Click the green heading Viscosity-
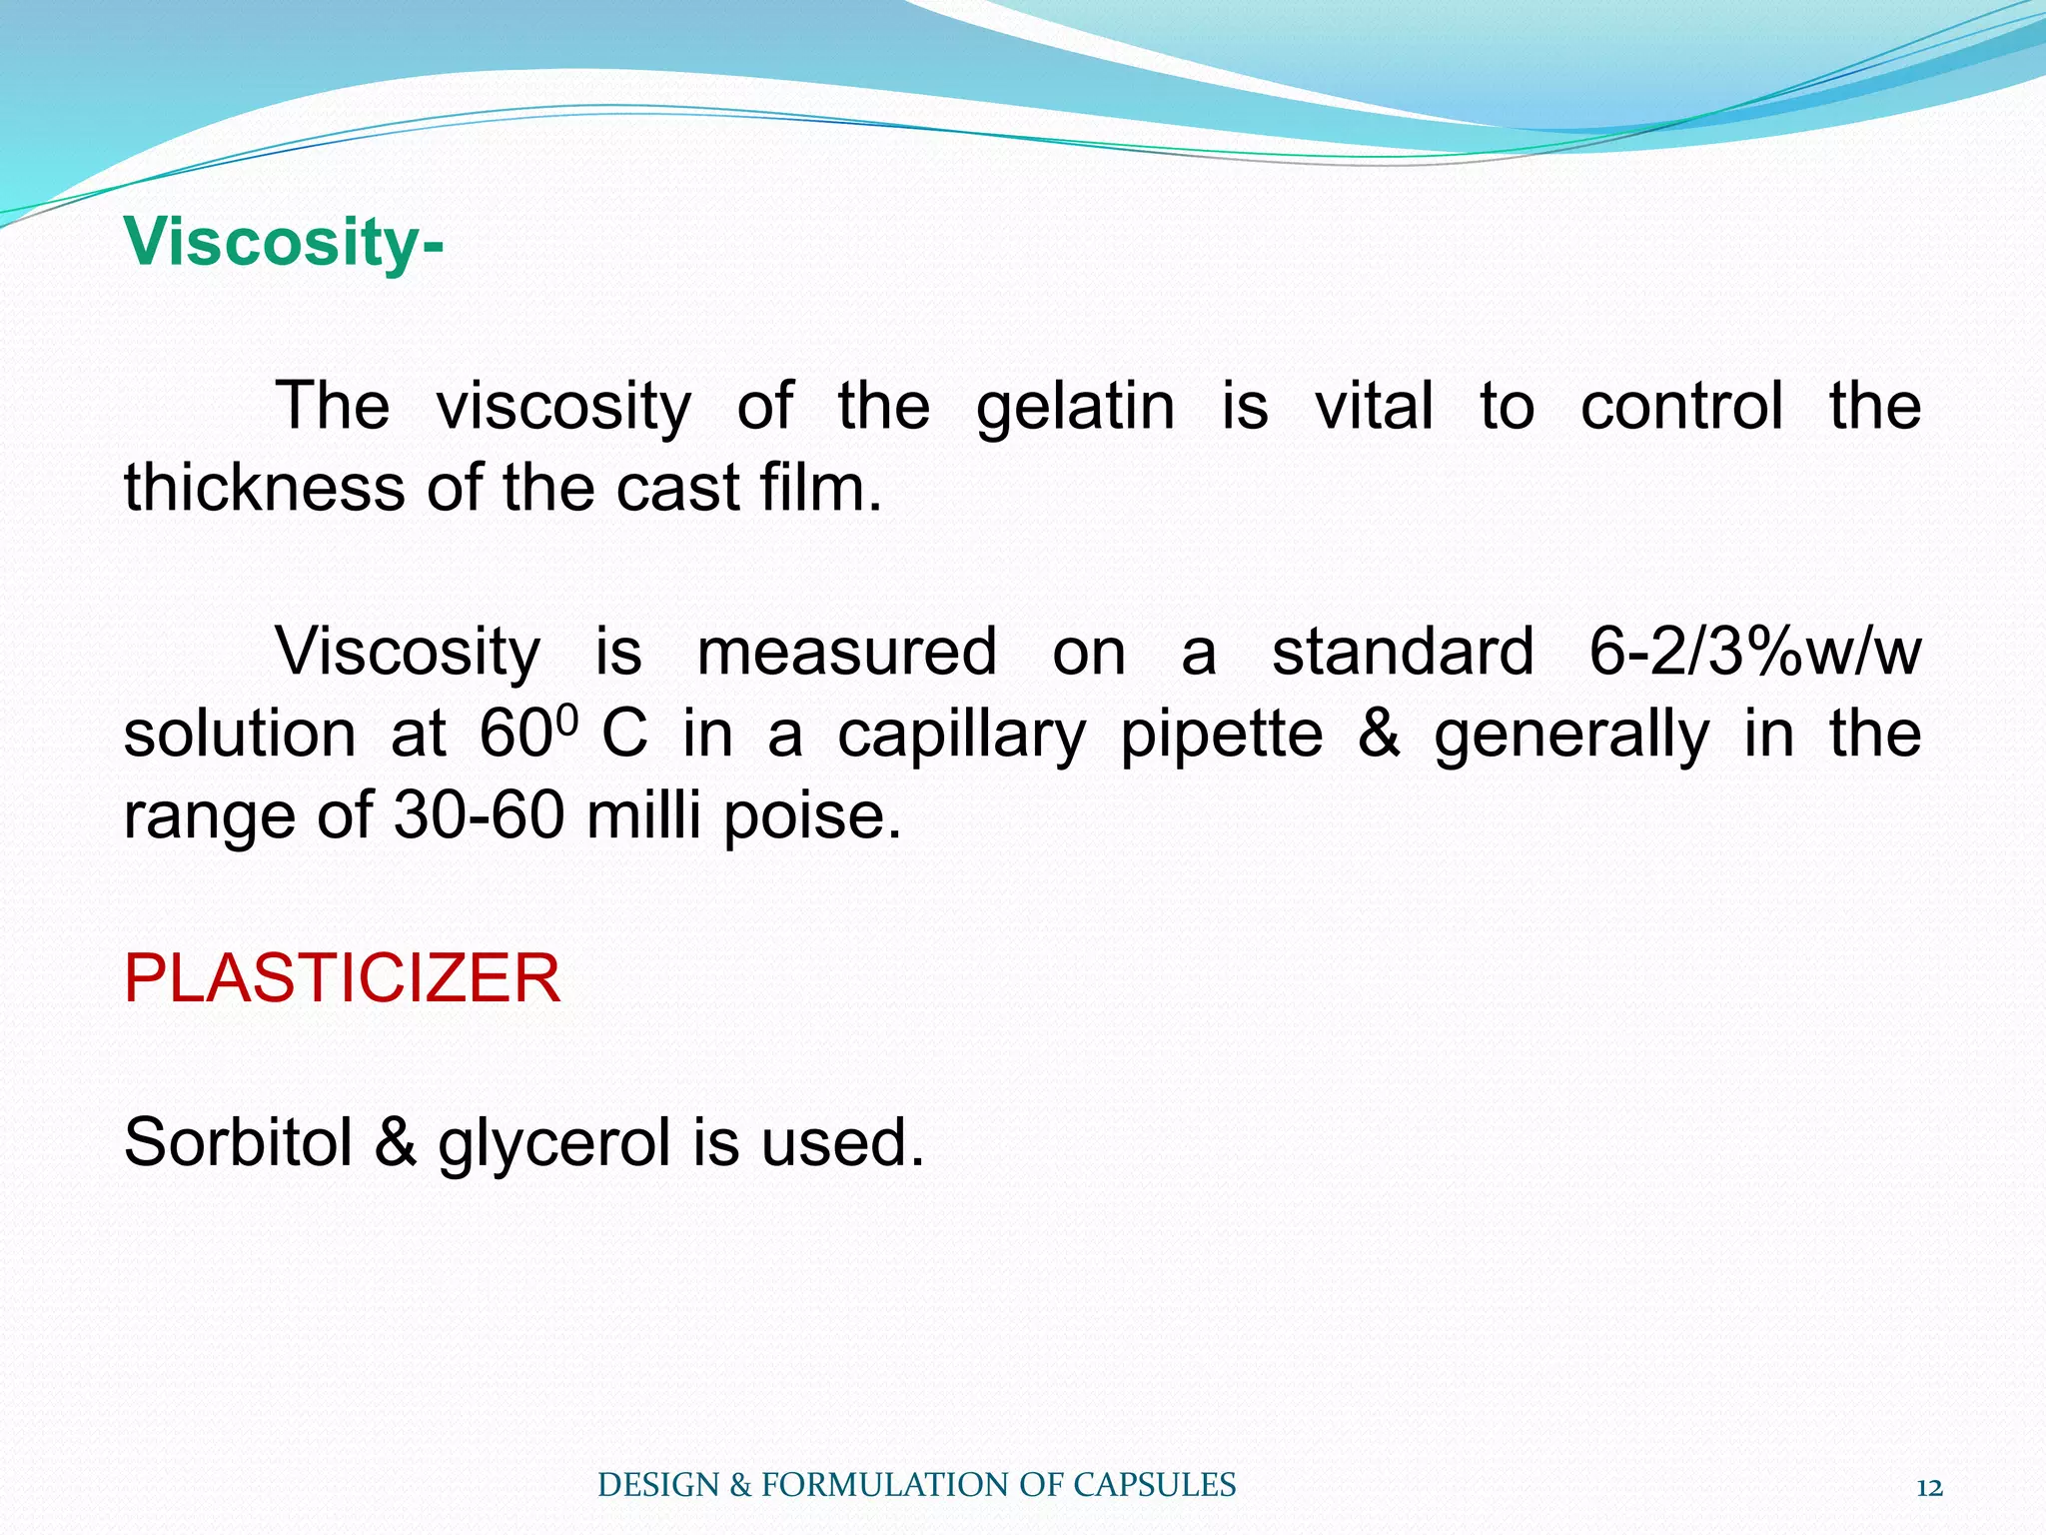(284, 243)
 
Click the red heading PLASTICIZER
(342, 978)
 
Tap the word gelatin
(1075, 407)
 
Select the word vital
(1374, 407)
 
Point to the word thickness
(265, 489)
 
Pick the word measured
(846, 652)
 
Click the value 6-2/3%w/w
(1754, 652)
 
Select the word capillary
(960, 736)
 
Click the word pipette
(1221, 736)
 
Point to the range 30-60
(479, 815)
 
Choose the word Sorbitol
(238, 1142)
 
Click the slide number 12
(1929, 1488)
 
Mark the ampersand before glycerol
(396, 1142)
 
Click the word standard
(1402, 652)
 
